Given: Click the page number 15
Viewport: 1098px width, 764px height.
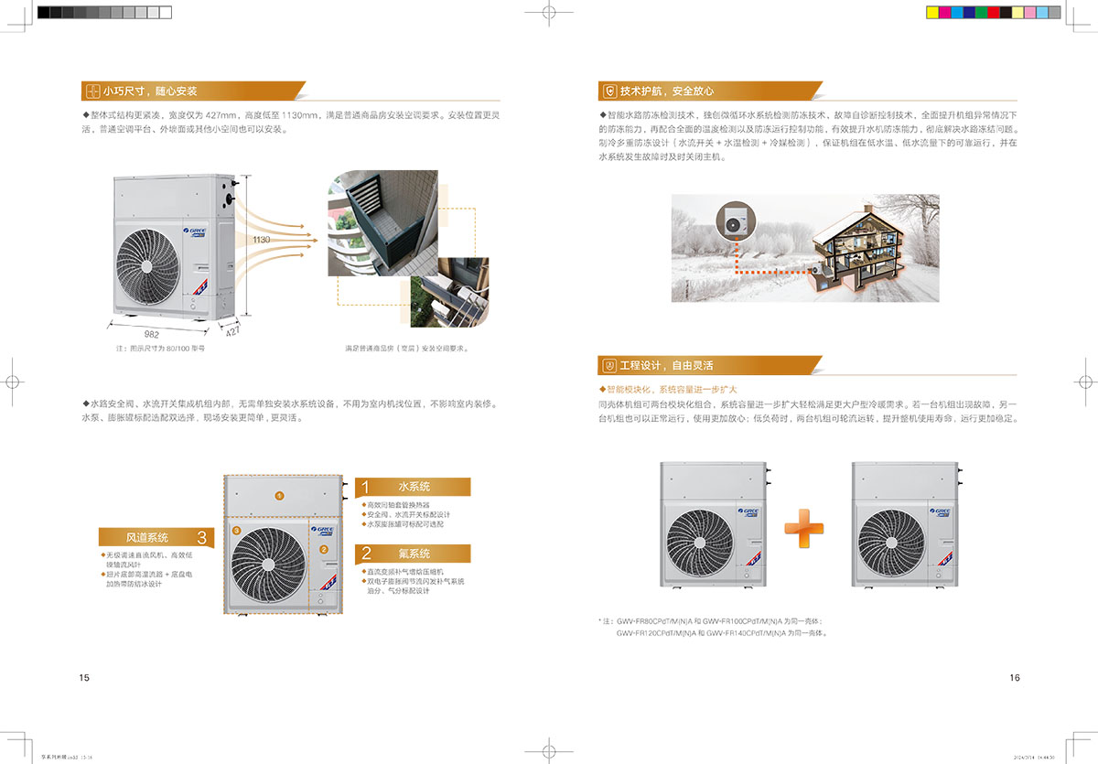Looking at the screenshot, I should pyautogui.click(x=84, y=678).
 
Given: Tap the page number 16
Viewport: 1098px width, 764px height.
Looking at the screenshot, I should pyautogui.click(x=1014, y=678).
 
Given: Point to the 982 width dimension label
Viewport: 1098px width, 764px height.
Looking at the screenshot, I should pyautogui.click(x=152, y=335).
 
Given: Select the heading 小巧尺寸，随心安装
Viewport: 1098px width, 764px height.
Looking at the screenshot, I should pyautogui.click(x=150, y=91).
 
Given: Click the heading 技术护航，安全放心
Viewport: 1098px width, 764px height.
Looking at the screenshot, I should pyautogui.click(x=667, y=91).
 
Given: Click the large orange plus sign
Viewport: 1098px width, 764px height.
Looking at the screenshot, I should pyautogui.click(x=803, y=528).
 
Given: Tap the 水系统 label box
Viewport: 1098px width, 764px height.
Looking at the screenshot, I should pyautogui.click(x=413, y=487).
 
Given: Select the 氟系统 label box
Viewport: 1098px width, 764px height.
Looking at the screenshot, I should pyautogui.click(x=413, y=554).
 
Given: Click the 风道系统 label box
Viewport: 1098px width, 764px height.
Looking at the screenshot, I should pyautogui.click(x=156, y=537).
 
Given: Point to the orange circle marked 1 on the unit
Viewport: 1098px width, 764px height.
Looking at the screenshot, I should pyautogui.click(x=280, y=495).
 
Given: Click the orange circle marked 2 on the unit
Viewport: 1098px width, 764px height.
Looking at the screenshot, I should pyautogui.click(x=323, y=550).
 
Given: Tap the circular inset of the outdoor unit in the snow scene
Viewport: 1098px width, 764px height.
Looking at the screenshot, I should pyautogui.click(x=734, y=221).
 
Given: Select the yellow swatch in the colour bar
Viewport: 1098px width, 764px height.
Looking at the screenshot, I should pyautogui.click(x=932, y=13).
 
